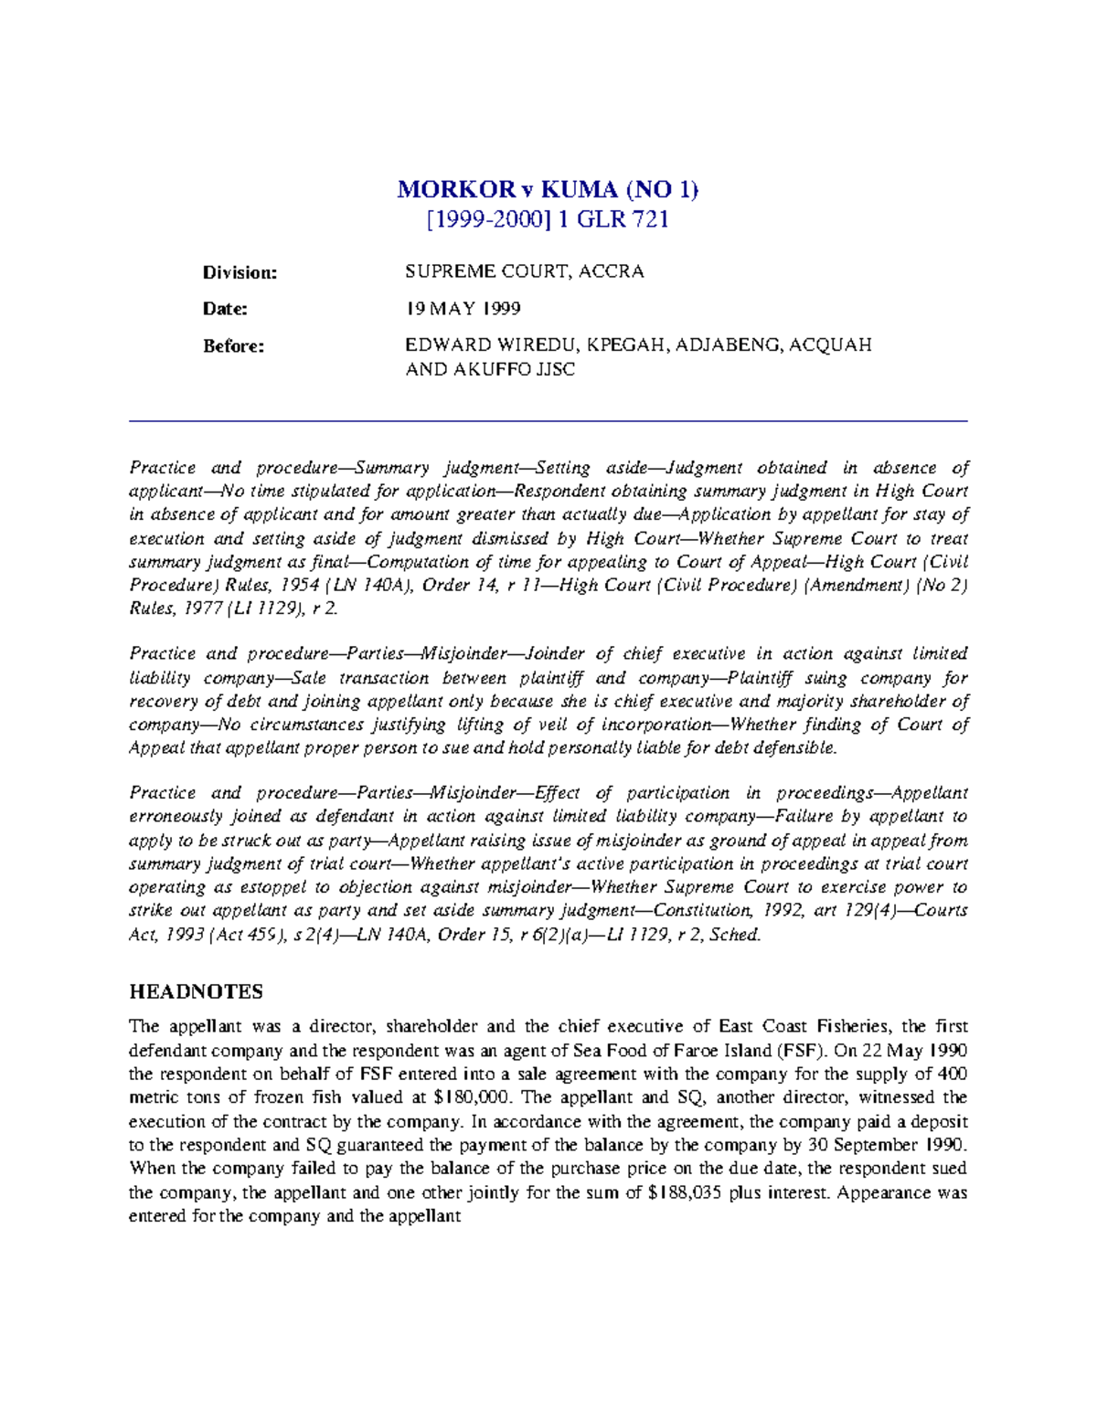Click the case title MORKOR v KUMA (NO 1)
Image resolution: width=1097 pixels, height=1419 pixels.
click(548, 190)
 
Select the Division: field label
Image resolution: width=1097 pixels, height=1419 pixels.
click(240, 272)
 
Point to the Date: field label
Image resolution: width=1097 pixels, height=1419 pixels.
click(225, 309)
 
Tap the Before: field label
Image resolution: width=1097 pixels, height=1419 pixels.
click(233, 345)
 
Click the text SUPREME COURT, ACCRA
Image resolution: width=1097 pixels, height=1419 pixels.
click(525, 271)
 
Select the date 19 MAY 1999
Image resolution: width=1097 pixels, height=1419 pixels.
click(463, 309)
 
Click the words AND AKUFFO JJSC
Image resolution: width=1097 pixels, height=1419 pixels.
click(490, 370)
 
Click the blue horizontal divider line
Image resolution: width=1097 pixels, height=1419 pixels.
click(548, 421)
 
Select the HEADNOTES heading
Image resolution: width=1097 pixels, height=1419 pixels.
click(196, 992)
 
